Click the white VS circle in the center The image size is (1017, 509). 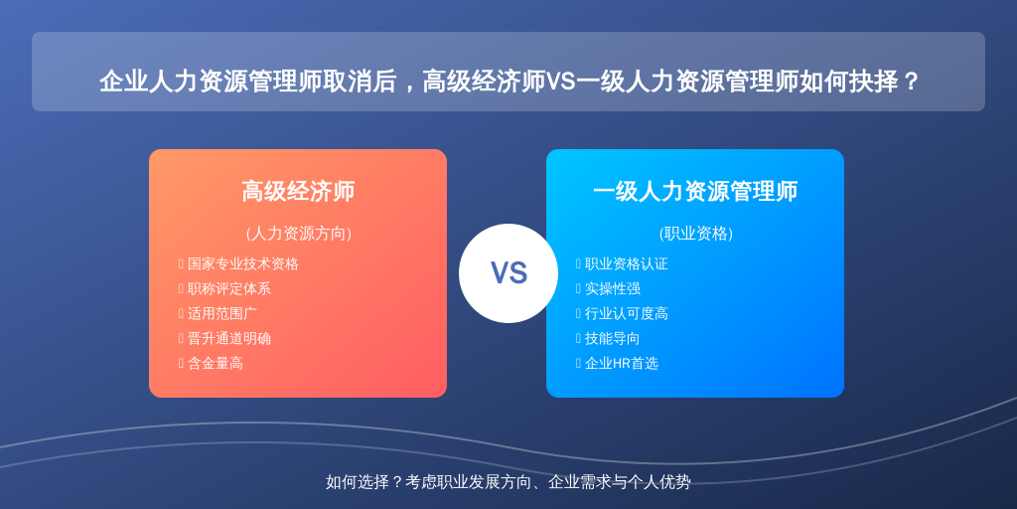click(x=508, y=273)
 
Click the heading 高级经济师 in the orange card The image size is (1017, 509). click(x=298, y=192)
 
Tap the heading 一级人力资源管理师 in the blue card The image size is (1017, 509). click(x=695, y=192)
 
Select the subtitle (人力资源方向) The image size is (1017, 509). click(x=298, y=234)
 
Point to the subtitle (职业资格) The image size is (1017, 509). click(x=696, y=234)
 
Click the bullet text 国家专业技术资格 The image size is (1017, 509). click(x=243, y=264)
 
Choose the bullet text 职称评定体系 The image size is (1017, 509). click(x=229, y=289)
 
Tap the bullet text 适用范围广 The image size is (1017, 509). click(x=222, y=313)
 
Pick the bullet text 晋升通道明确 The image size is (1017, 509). click(x=229, y=338)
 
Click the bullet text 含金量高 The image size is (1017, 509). click(x=216, y=364)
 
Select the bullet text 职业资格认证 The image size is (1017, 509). click(x=627, y=264)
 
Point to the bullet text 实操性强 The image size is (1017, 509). click(x=613, y=289)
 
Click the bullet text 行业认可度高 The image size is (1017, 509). click(x=627, y=313)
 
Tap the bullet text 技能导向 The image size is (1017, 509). click(x=613, y=338)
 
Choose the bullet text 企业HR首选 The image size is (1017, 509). click(x=622, y=364)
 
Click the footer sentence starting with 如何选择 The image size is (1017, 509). click(x=508, y=482)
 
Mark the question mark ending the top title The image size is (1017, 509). click(x=911, y=82)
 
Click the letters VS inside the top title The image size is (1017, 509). click(x=560, y=83)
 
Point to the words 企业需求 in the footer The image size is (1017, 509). click(x=575, y=482)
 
